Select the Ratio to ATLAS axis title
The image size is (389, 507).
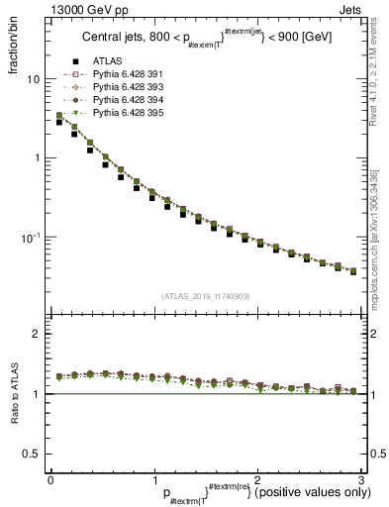click(x=17, y=395)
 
